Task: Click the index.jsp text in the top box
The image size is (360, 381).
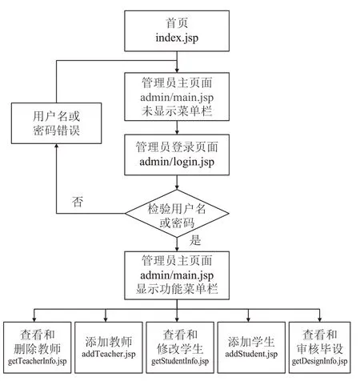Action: click(177, 38)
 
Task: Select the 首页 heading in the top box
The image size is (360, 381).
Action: click(177, 23)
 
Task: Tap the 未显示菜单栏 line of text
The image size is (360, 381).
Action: click(177, 111)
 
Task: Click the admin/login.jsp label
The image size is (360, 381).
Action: click(177, 162)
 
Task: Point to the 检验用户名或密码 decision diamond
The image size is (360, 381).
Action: click(177, 214)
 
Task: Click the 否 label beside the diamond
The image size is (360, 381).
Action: click(78, 202)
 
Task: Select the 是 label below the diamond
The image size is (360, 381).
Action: click(195, 240)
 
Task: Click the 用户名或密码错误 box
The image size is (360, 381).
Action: click(56, 123)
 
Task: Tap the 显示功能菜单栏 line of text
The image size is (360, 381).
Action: click(177, 289)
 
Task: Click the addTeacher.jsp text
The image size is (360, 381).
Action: click(109, 354)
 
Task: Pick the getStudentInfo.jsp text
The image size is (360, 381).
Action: click(180, 361)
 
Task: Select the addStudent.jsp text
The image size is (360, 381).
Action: click(251, 354)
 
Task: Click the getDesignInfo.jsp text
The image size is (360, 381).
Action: click(319, 361)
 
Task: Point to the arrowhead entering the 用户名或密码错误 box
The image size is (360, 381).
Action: click(56, 146)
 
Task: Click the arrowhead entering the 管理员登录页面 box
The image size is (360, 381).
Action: click(177, 132)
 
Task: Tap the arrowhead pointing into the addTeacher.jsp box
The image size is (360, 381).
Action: click(106, 319)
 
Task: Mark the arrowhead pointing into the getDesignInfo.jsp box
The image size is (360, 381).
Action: click(319, 319)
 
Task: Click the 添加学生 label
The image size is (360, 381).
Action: click(251, 342)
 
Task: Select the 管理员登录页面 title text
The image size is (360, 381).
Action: click(177, 147)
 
